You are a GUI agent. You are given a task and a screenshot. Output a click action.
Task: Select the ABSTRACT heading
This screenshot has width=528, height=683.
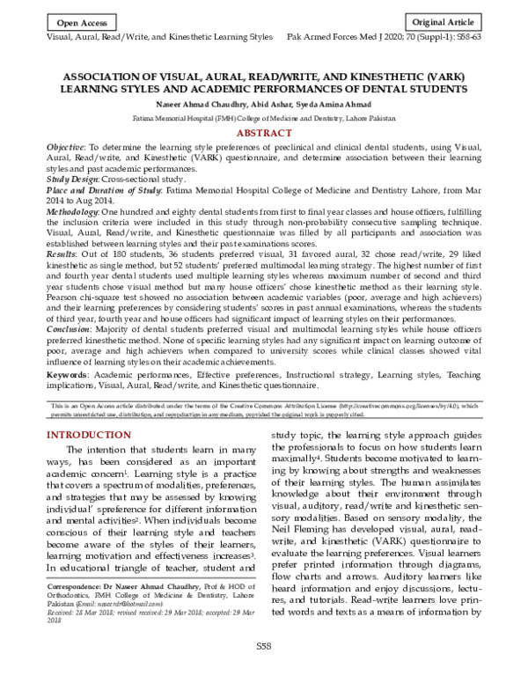pyautogui.click(x=264, y=132)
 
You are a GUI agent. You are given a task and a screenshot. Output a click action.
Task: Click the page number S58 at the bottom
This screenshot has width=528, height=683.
pyautogui.click(x=264, y=670)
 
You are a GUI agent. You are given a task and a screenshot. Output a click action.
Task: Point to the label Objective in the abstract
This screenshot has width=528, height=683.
pyautogui.click(x=66, y=145)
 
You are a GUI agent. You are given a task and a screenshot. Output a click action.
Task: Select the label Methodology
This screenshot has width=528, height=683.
pyautogui.click(x=73, y=212)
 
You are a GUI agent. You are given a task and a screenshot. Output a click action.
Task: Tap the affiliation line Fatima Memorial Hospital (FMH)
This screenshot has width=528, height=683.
pyautogui.click(x=264, y=116)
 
